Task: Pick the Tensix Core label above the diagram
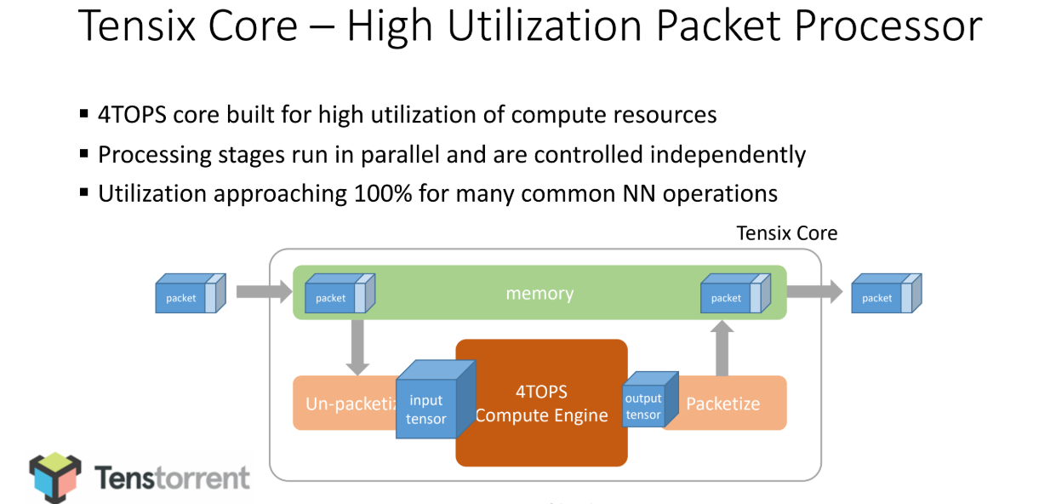[x=786, y=233]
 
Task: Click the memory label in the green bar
[x=539, y=294]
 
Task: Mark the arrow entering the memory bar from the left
[x=264, y=292]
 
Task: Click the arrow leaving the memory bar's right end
[x=814, y=292]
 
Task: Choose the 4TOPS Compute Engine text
[x=541, y=404]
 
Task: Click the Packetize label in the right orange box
[x=723, y=404]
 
